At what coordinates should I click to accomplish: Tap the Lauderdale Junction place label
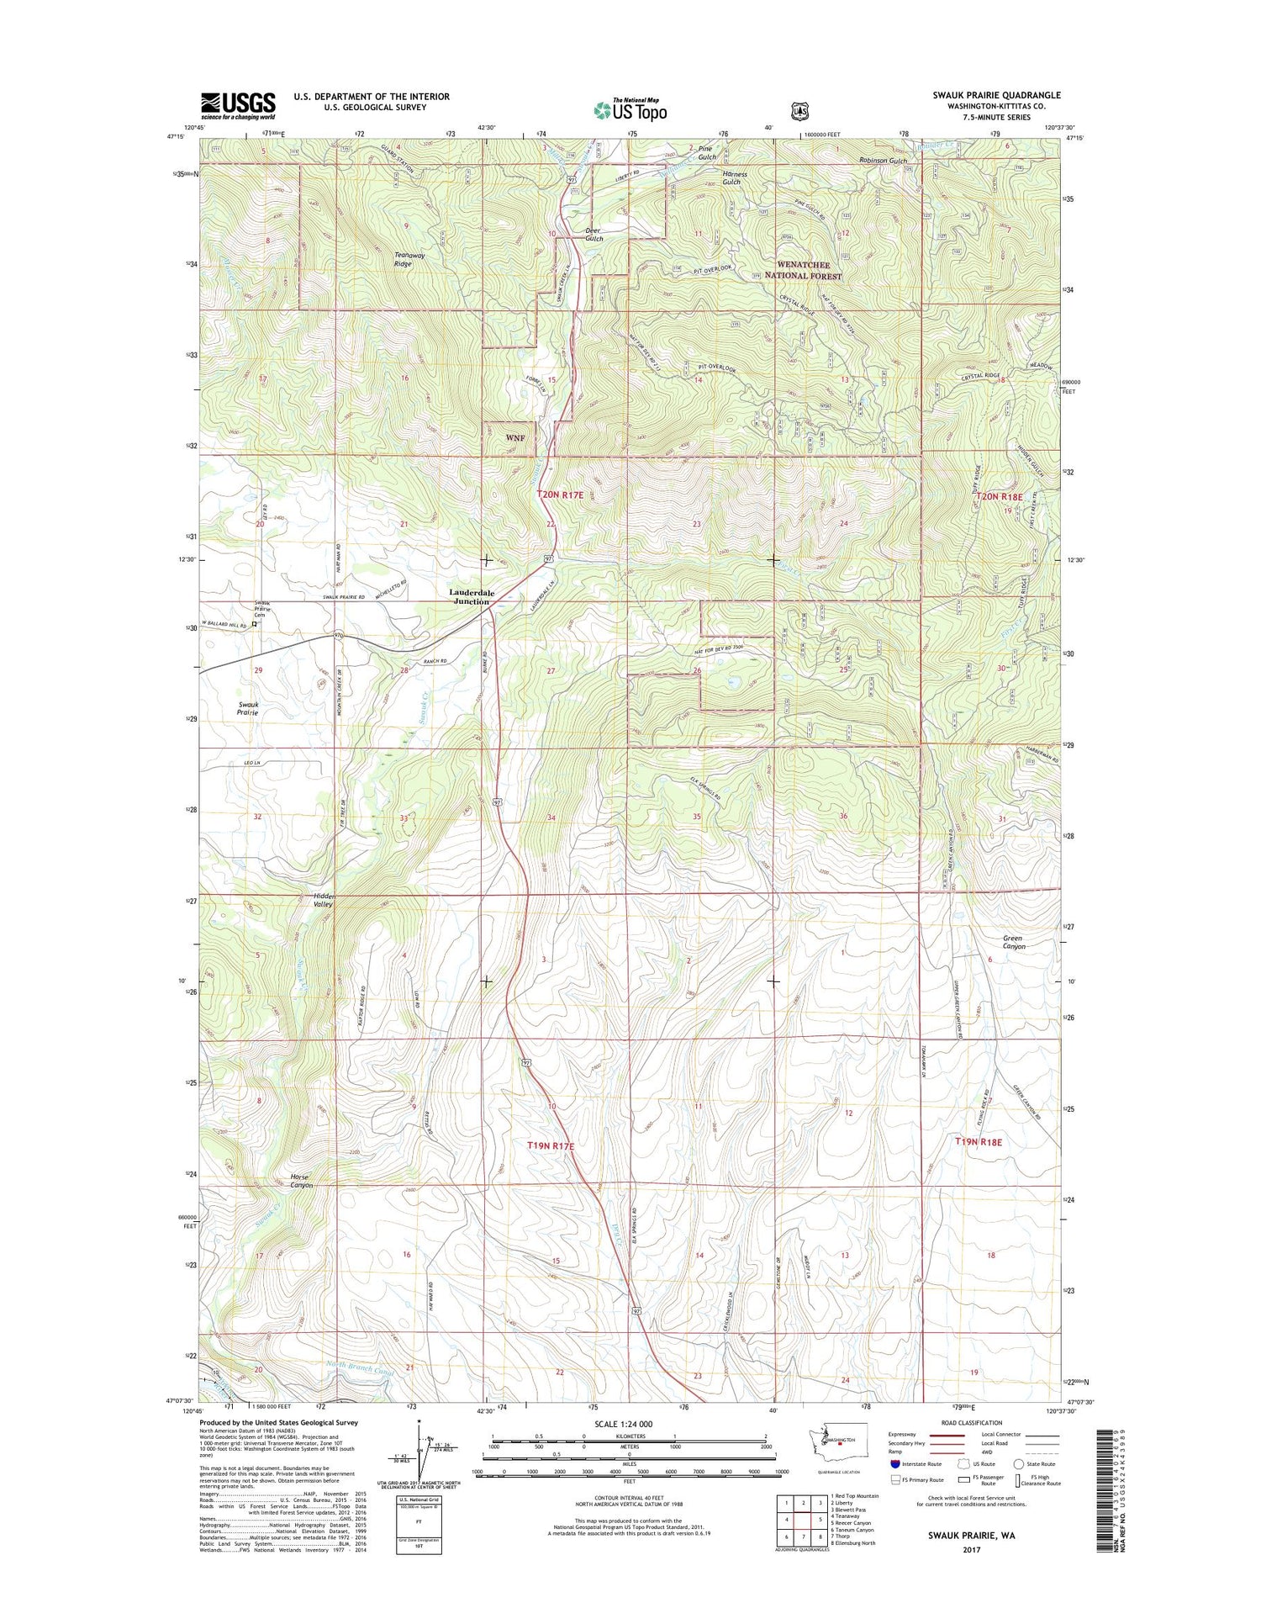click(471, 597)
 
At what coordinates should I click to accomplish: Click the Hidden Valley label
click(324, 900)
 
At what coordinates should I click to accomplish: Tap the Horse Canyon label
click(300, 1181)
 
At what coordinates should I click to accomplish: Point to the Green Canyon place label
click(1014, 942)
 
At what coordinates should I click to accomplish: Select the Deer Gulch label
click(594, 234)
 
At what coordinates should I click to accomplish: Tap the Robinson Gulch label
click(883, 161)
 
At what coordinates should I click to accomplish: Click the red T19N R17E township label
click(551, 1145)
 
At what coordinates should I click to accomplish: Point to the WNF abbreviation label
click(514, 438)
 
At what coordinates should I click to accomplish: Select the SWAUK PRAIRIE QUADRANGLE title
click(996, 95)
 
